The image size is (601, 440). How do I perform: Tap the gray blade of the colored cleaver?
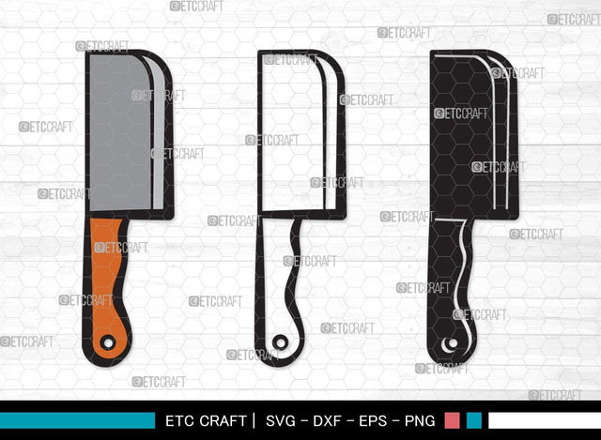tap(117, 131)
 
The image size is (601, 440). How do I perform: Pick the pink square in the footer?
tap(452, 420)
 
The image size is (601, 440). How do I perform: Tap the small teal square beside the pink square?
tap(474, 420)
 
